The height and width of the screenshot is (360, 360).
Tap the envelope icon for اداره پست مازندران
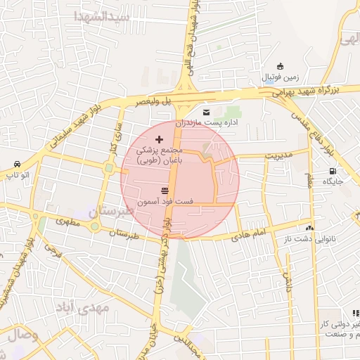point(205,112)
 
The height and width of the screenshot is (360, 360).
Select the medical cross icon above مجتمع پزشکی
point(158,139)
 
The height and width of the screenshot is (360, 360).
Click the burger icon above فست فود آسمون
point(165,191)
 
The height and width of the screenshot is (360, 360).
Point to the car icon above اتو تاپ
point(16,163)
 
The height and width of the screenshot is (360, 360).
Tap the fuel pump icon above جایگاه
point(332,171)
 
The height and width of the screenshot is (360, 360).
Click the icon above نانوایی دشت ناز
point(309,228)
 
